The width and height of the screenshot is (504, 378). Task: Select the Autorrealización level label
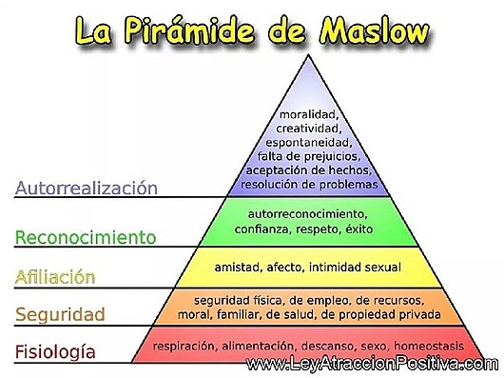tap(86, 187)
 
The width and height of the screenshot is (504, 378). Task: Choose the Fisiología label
tap(55, 352)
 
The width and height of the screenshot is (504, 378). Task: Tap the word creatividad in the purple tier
tap(308, 129)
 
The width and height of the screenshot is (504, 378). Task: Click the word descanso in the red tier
tap(324, 345)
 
